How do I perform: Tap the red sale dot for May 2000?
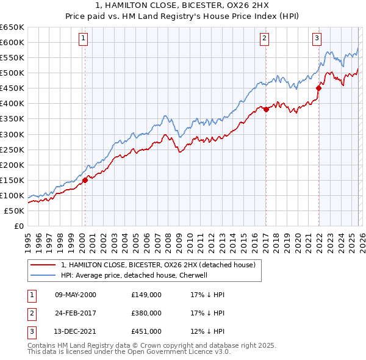(85, 180)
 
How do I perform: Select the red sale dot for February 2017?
(266, 109)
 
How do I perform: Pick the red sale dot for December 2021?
(318, 88)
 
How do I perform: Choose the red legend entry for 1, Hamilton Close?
(161, 265)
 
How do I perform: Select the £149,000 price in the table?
(146, 295)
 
